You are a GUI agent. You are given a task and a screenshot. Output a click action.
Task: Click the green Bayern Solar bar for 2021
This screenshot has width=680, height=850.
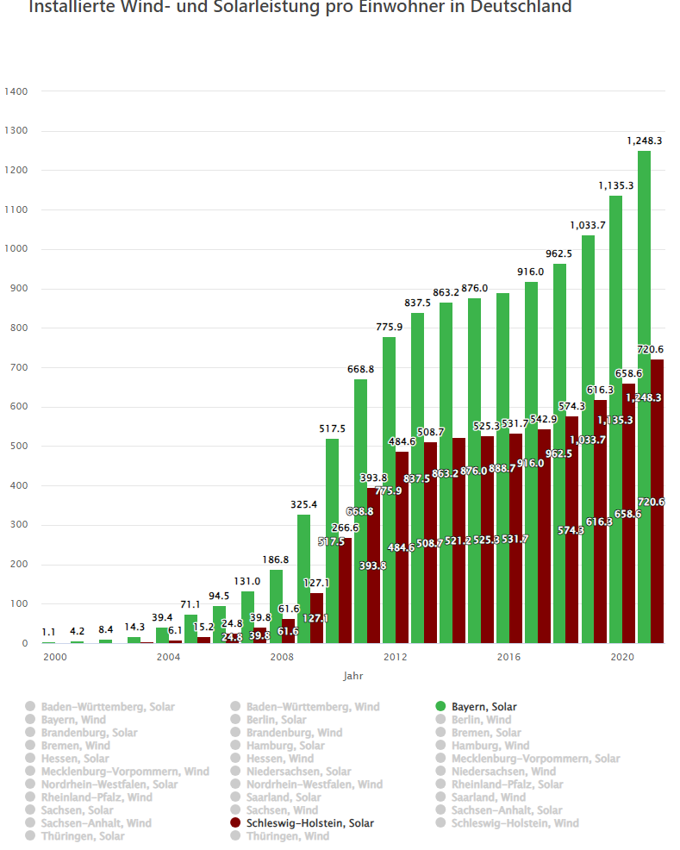644,397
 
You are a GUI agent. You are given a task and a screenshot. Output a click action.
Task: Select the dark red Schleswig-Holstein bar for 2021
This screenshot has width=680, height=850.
657,501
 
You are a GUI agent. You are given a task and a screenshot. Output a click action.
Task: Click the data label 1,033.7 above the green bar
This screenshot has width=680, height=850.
588,225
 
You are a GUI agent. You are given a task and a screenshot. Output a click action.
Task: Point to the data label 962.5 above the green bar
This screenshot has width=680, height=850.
559,253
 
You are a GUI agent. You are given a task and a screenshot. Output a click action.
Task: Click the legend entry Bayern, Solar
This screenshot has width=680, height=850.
483,707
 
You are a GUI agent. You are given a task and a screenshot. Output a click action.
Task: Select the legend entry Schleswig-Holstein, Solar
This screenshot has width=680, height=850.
309,823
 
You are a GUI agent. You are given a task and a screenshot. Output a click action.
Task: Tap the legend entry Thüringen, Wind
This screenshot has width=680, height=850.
287,836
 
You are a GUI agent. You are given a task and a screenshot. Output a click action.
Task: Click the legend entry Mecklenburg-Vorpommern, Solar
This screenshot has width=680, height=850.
535,759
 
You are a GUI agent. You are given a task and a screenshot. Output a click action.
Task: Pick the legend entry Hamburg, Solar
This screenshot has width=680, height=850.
285,746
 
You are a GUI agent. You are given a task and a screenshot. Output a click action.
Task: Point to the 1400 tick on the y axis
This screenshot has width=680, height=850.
16,91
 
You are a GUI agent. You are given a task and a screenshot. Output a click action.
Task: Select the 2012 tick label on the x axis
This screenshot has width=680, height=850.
396,658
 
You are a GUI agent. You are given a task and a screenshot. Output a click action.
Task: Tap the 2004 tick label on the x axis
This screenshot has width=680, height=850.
168,658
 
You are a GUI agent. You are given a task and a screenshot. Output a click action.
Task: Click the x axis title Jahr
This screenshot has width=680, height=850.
353,676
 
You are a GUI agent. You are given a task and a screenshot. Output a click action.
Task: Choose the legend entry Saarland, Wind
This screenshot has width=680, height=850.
488,797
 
